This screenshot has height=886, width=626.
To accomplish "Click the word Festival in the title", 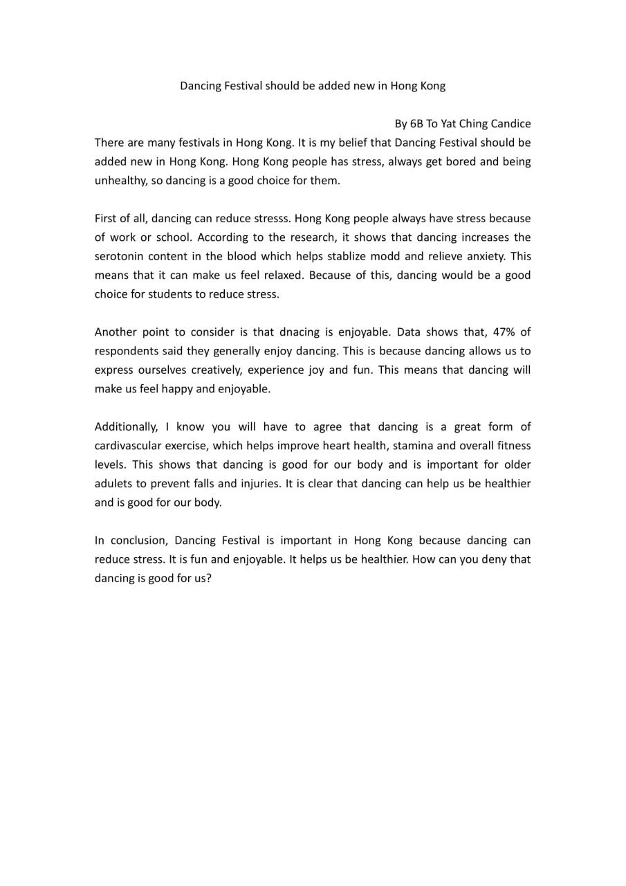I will click(241, 86).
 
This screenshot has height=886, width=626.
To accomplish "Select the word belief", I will click(360, 143).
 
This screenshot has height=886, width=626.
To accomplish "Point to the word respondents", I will click(126, 351).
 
